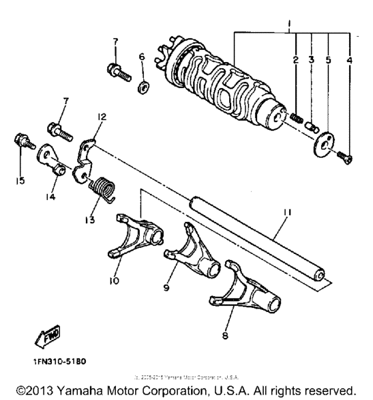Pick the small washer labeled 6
[x=143, y=87]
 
